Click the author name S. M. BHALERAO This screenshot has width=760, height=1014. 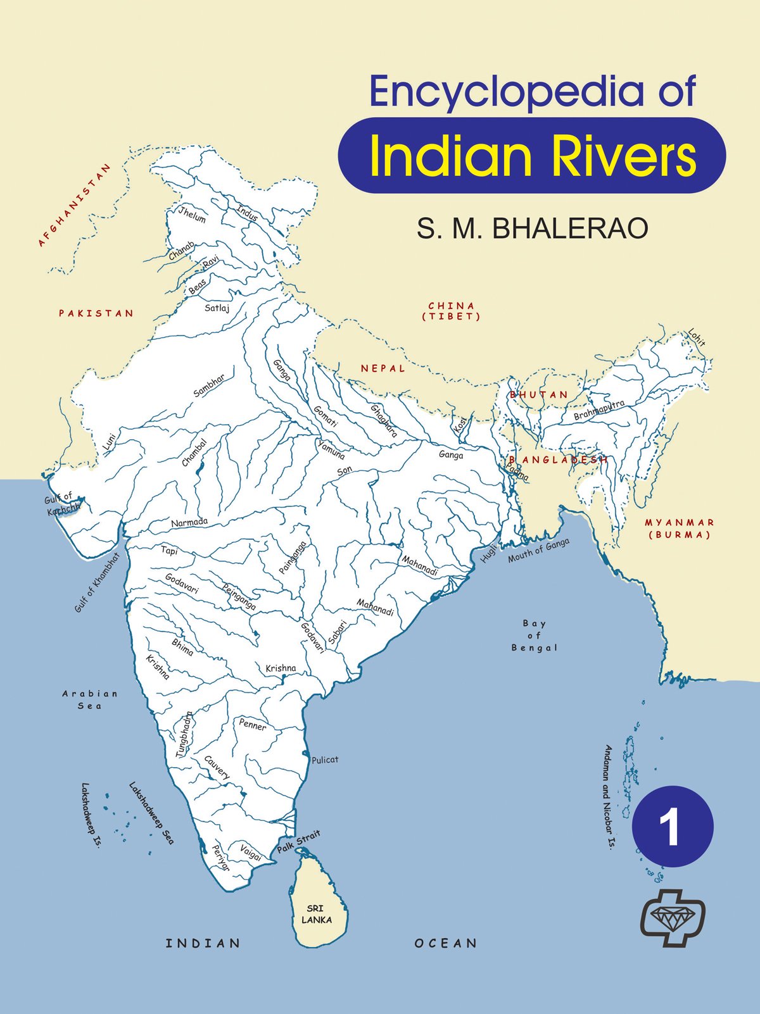point(532,228)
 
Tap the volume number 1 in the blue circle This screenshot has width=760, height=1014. point(672,827)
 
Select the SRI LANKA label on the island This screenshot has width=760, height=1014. point(316,914)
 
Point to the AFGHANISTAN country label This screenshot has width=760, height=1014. point(74,205)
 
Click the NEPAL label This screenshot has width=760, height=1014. point(383,368)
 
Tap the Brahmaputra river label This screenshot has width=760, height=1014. point(598,411)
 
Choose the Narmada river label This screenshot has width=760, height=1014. point(189,522)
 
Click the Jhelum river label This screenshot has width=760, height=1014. point(192,215)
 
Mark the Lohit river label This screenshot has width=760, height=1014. point(697,338)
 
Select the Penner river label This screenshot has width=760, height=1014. point(253,725)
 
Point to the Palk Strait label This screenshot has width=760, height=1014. point(298,842)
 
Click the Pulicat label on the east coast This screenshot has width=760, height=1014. point(325,760)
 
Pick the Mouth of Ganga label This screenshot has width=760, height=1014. point(538,550)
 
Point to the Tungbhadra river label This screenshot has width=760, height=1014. point(184,734)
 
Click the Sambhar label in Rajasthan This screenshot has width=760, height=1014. point(209,385)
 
